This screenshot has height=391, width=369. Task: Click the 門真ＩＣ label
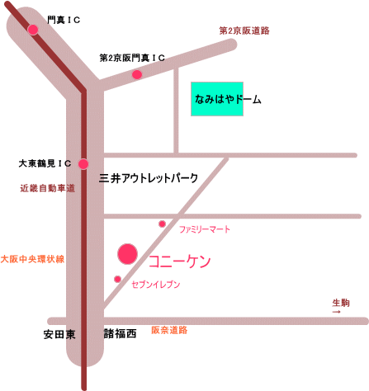(x=64, y=20)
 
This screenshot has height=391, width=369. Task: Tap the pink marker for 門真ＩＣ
(x=33, y=30)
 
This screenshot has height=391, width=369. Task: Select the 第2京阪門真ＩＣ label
(x=132, y=58)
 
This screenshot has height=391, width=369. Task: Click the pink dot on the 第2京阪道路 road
(x=137, y=74)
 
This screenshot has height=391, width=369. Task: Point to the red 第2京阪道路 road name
(x=244, y=31)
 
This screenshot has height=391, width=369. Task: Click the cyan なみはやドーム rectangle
(x=217, y=99)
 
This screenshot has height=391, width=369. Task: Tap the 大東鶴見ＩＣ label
(x=45, y=163)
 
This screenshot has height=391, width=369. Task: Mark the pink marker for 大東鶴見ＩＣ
(x=83, y=164)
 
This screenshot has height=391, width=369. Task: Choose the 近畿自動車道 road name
(x=48, y=188)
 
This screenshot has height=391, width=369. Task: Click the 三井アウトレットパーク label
(x=149, y=178)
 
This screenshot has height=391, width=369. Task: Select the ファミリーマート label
(x=205, y=229)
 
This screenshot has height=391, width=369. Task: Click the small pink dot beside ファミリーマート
(x=163, y=224)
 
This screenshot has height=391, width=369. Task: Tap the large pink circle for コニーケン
(x=127, y=254)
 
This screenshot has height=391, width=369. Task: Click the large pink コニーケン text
(x=180, y=261)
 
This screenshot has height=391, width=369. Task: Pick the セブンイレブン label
(x=156, y=285)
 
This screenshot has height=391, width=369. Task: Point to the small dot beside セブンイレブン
(x=118, y=280)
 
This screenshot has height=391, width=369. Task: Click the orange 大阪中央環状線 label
(x=32, y=259)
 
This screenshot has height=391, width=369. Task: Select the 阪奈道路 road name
(x=169, y=330)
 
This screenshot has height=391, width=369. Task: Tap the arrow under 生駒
(x=337, y=312)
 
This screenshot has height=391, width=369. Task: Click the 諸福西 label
(x=121, y=334)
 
